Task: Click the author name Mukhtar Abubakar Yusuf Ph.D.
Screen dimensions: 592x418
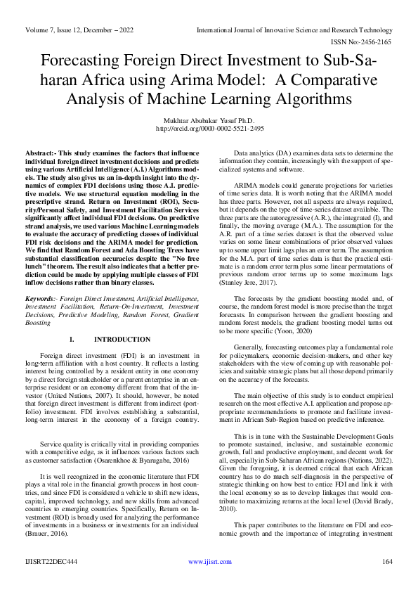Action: pos(209,120)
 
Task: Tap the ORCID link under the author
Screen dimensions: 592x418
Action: pos(209,129)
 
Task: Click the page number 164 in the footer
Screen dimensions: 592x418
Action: pos(386,581)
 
